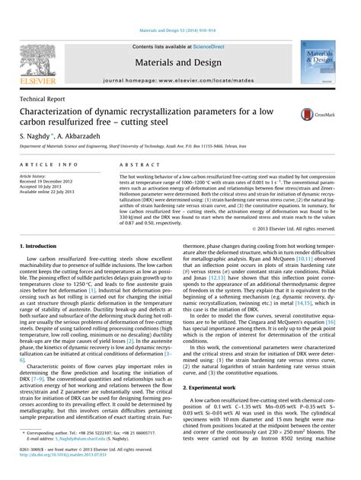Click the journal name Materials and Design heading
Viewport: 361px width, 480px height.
[x=180, y=59]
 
